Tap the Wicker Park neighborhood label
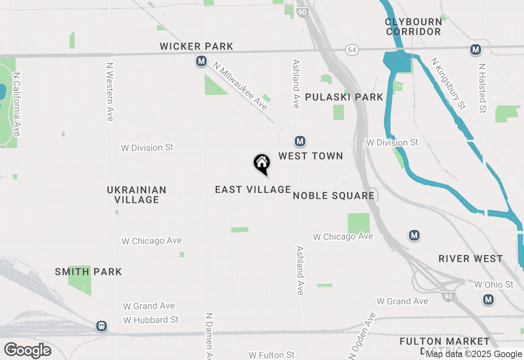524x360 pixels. (196, 47)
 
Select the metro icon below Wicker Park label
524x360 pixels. (201, 61)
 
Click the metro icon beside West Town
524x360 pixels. (300, 142)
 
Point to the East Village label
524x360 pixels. (253, 189)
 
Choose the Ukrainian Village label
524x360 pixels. (137, 195)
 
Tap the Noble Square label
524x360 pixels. (334, 196)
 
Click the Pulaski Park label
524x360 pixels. (344, 97)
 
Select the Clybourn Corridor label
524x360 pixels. (413, 27)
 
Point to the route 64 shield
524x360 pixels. (352, 50)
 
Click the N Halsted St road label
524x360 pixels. (483, 88)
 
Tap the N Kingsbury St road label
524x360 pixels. (448, 83)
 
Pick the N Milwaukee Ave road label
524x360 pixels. (240, 87)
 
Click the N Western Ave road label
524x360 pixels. (109, 91)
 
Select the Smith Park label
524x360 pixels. (88, 272)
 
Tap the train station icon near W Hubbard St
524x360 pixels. (102, 326)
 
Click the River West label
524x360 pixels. (471, 259)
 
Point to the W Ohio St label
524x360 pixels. (494, 284)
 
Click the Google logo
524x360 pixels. (27, 350)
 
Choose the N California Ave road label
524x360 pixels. (17, 104)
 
